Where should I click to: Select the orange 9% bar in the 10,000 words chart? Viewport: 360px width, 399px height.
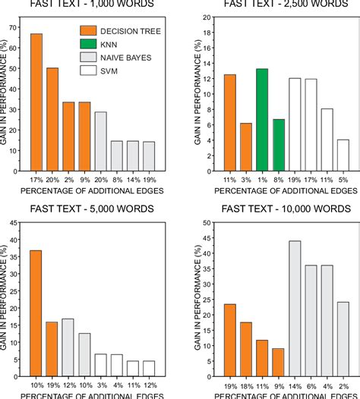tap(278, 363)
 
